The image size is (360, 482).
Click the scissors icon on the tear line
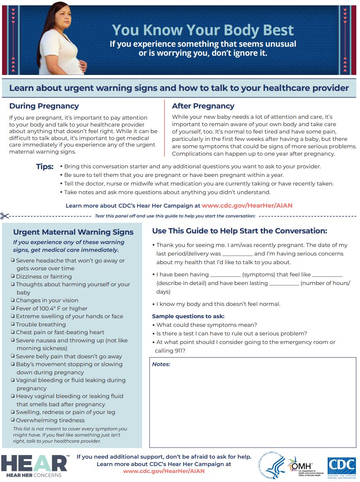pos(5,216)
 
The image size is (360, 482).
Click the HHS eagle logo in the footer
pos(272,466)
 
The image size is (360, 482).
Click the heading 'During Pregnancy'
pos(44,106)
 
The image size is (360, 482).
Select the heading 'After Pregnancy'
pos(203,106)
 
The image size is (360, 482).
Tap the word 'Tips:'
pos(45,167)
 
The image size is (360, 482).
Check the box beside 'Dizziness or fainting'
pos(13,276)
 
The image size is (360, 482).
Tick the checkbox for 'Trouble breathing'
pos(13,324)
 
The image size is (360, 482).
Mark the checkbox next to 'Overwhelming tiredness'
pos(13,420)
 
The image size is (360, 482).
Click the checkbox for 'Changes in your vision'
pos(13,300)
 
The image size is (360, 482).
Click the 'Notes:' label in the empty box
pos(161,364)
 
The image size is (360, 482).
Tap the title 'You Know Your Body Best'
pos(203,30)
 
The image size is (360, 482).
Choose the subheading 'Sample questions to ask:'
pos(188,316)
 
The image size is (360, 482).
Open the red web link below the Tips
pos(247,206)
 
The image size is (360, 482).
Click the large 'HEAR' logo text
pos(34,464)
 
